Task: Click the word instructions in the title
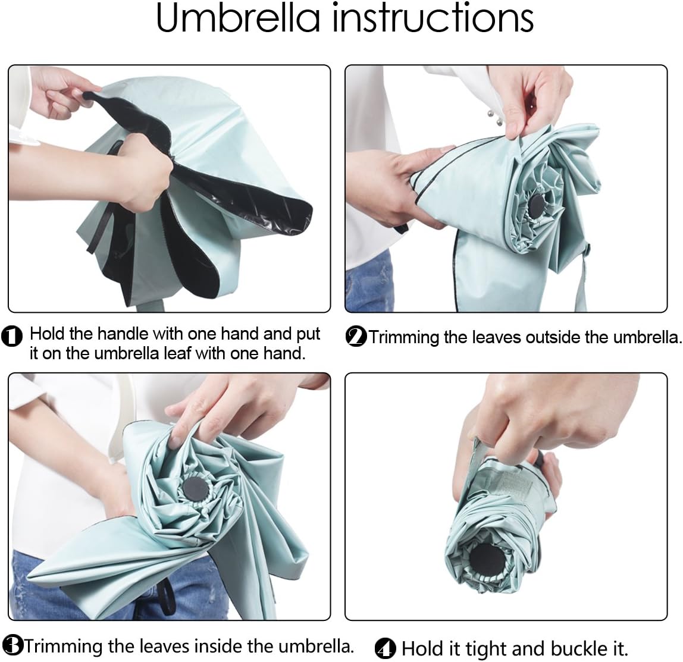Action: click(433, 18)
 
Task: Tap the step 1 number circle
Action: click(12, 337)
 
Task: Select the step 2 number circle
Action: click(356, 337)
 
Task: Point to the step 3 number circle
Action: click(12, 645)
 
